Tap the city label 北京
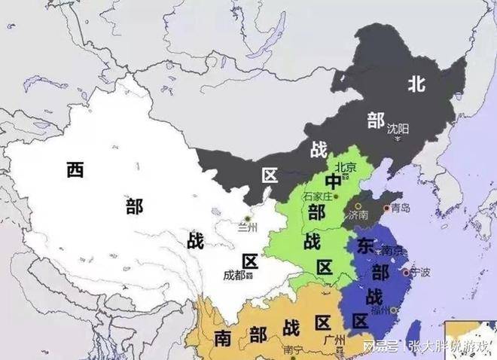click(x=344, y=167)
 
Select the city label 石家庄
click(x=317, y=196)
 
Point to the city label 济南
click(x=358, y=215)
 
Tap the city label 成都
click(x=235, y=275)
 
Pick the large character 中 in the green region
click(x=333, y=182)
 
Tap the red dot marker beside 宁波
click(x=407, y=272)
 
